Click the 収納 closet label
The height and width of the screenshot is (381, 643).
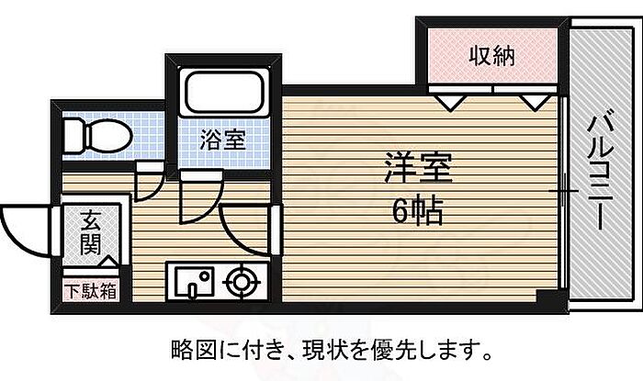point(491,56)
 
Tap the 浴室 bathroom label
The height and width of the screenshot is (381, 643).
point(222,140)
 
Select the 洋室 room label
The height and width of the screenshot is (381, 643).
point(419,167)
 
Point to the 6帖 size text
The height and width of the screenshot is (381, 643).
point(418,211)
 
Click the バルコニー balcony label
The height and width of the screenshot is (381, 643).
point(600,168)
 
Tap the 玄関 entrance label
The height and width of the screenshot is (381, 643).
point(91,233)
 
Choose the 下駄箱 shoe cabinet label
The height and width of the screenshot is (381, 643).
point(91,291)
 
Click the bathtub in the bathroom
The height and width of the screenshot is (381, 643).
point(223,93)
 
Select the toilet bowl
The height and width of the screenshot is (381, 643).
point(98,136)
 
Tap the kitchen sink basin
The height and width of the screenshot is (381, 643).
point(194,282)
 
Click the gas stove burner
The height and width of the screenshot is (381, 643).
point(242,282)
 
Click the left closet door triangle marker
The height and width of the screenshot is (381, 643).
point(450,103)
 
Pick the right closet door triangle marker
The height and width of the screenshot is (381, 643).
point(536,103)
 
